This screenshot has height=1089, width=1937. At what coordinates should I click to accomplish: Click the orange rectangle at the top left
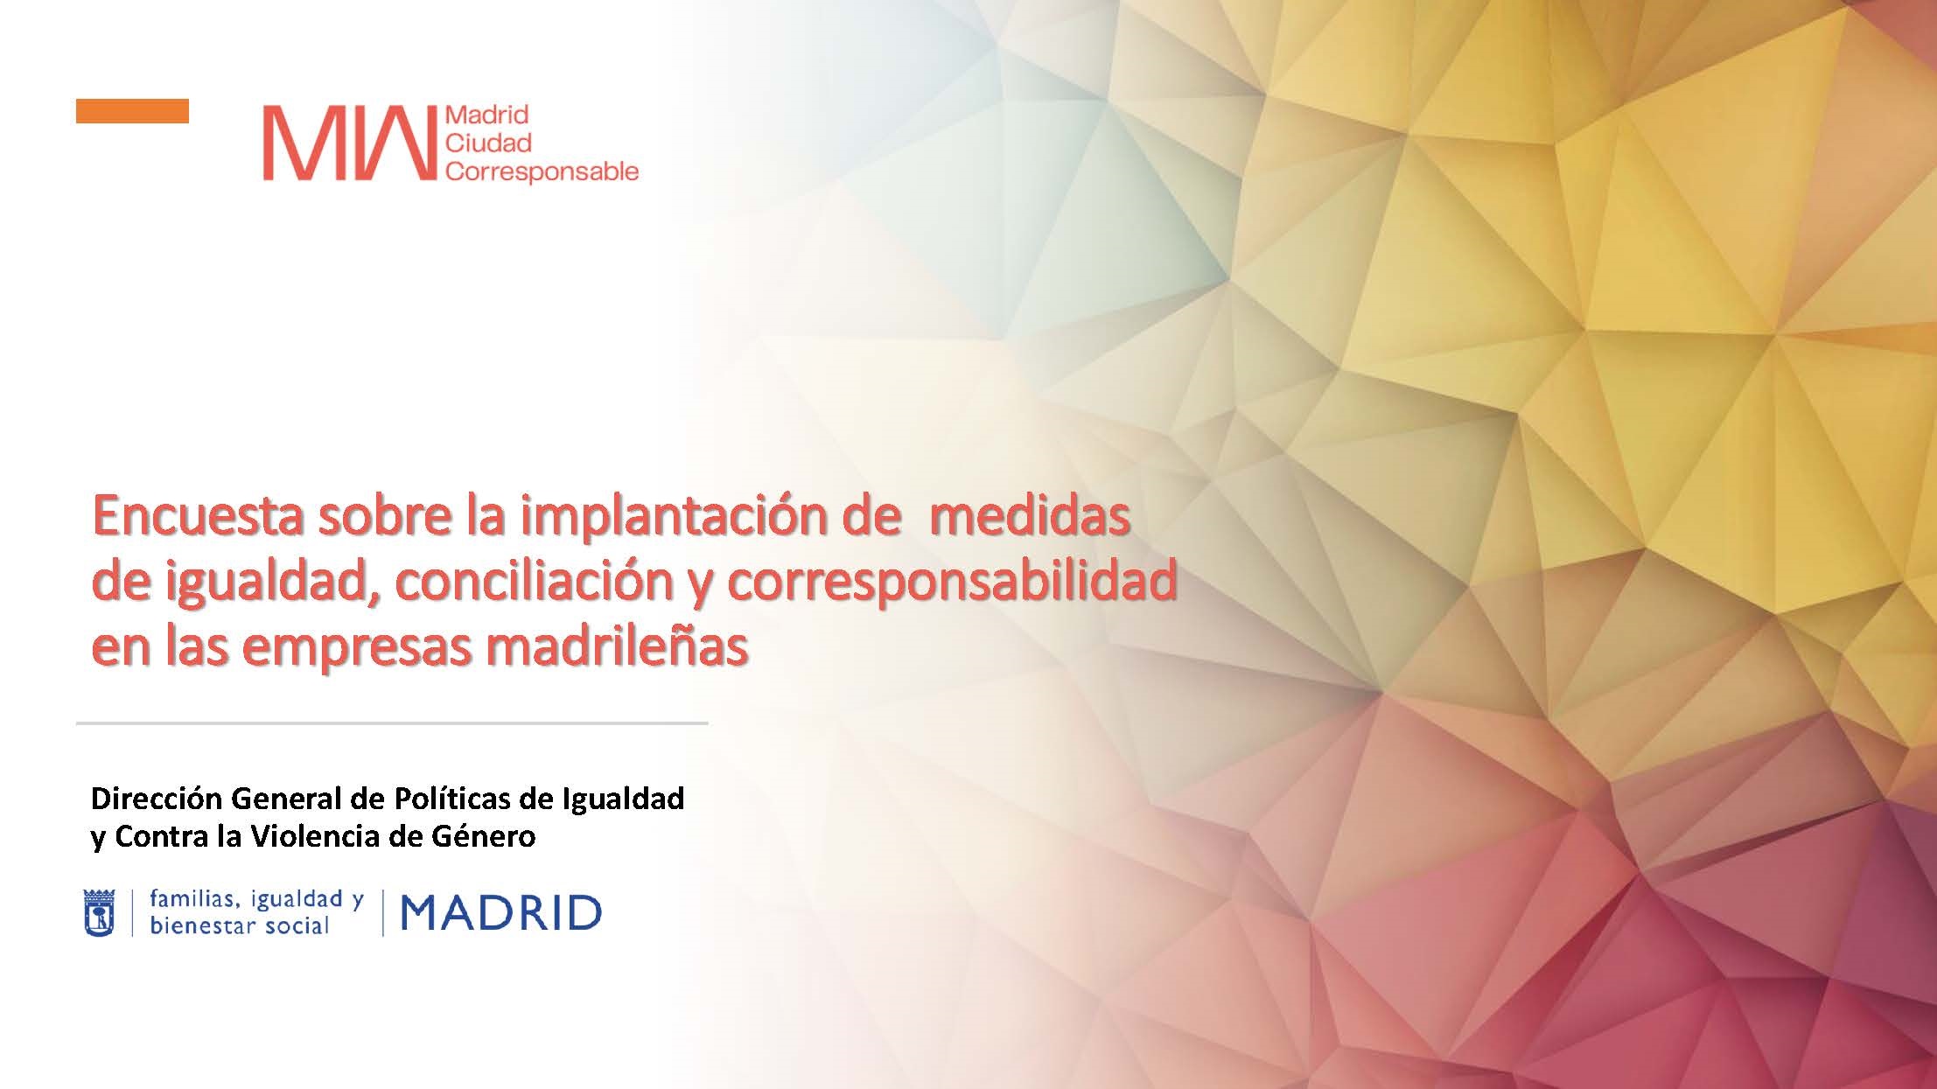tap(132, 111)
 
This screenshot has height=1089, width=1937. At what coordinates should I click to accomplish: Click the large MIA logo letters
tap(349, 143)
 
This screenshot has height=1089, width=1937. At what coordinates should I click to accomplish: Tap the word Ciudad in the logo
tap(488, 143)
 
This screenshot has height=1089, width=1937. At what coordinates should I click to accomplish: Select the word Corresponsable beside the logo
tap(542, 171)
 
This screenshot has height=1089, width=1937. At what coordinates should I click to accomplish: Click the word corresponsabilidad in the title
tap(951, 582)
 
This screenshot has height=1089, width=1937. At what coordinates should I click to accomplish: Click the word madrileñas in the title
tap(617, 647)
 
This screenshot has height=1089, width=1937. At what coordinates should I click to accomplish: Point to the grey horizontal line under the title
tap(392, 723)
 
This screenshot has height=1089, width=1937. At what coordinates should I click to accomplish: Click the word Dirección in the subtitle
tap(157, 799)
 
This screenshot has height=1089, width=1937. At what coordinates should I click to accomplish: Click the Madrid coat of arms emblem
tap(99, 913)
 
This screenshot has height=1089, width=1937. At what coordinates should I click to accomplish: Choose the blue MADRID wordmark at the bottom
tap(501, 914)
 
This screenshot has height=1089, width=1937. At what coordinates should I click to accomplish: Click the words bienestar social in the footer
tap(239, 926)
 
